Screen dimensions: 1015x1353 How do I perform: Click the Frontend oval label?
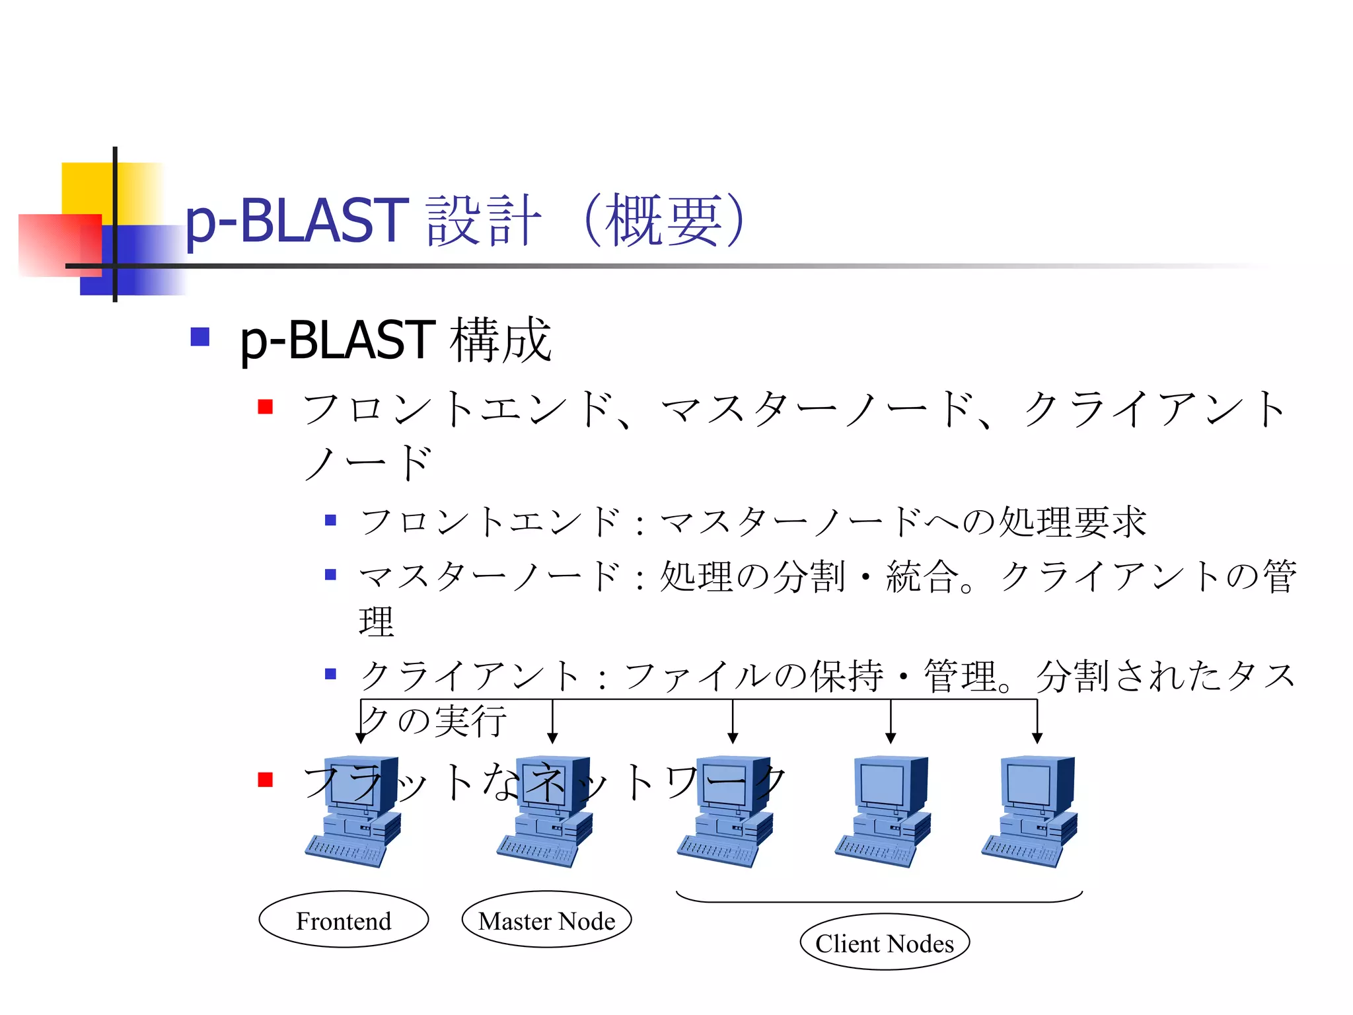(x=344, y=920)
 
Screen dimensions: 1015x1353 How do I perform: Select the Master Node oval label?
(x=546, y=920)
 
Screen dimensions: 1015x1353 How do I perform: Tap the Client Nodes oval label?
(x=884, y=942)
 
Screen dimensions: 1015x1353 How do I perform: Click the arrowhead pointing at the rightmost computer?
(x=1037, y=737)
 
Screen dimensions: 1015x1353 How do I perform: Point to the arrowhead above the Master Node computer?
(x=553, y=737)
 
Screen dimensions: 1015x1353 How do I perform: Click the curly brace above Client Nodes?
(x=879, y=899)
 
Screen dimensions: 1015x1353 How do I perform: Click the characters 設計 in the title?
(x=484, y=221)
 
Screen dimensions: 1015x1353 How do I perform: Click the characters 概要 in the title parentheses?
(x=664, y=221)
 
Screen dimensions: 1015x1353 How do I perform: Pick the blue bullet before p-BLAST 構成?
(x=200, y=337)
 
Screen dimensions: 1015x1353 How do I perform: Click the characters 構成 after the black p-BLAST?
(x=501, y=340)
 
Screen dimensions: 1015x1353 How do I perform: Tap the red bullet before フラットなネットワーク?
(x=266, y=780)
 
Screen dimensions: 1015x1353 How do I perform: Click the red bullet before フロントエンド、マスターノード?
(x=266, y=406)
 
